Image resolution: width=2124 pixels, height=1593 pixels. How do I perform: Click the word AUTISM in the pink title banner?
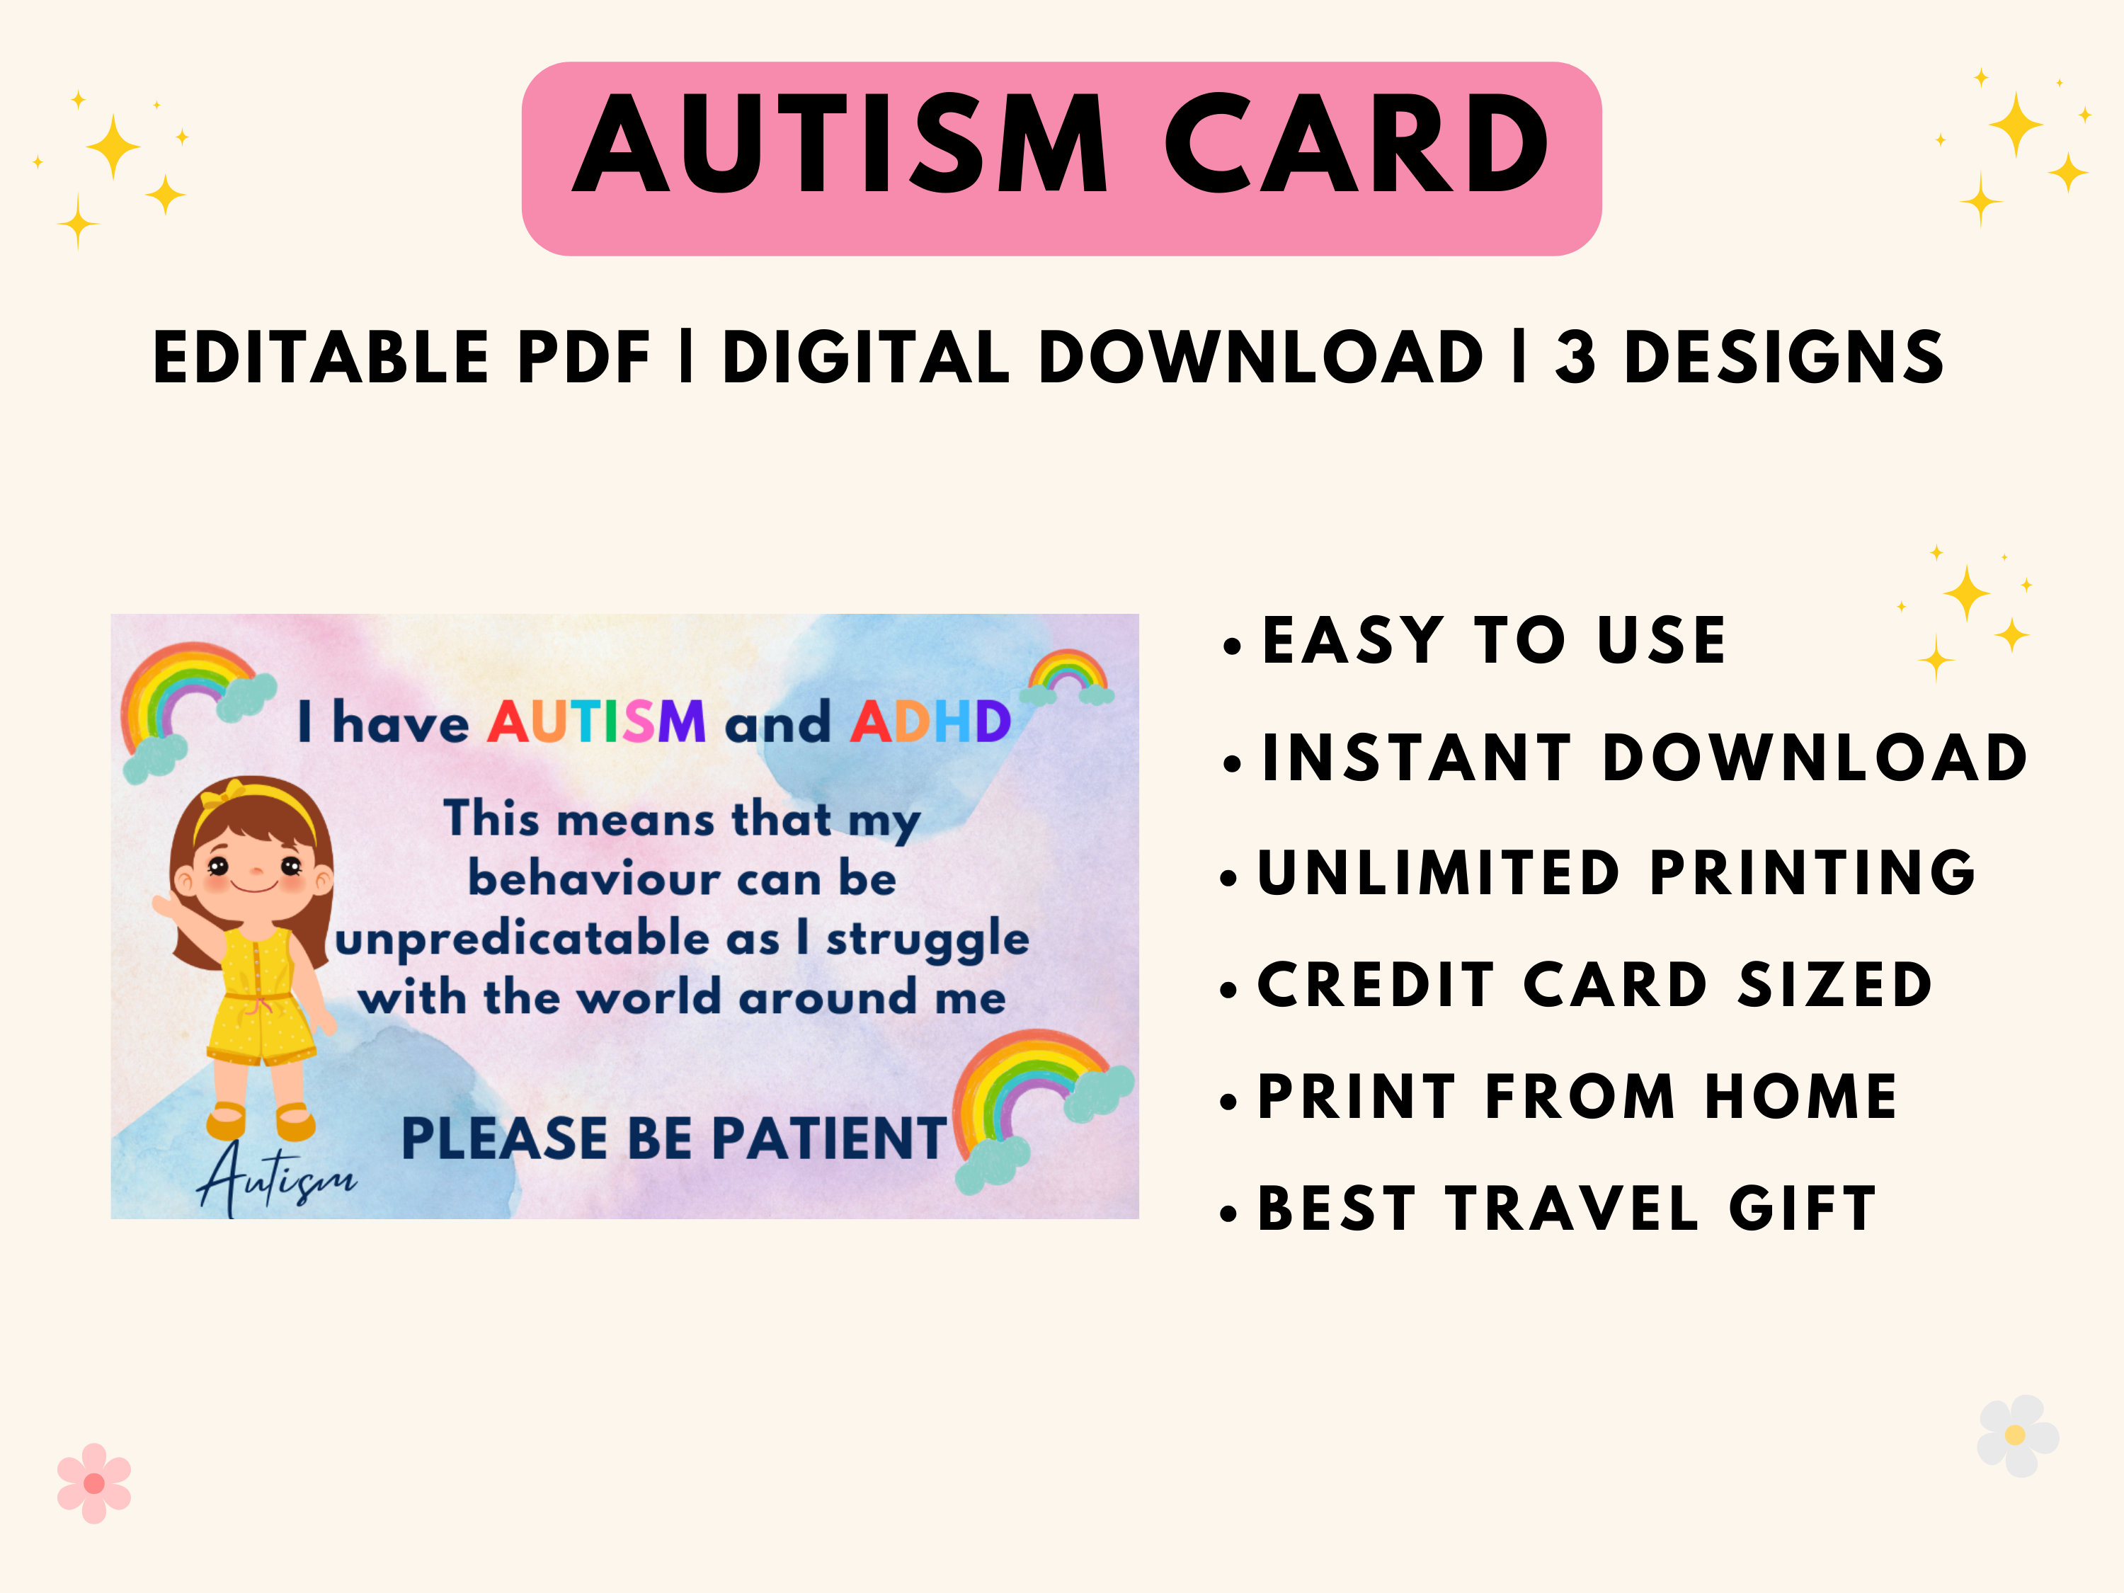pos(841,146)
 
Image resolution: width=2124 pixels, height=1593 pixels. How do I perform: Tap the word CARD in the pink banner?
pos(1356,146)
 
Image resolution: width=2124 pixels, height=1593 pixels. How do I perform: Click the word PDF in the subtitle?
pos(585,358)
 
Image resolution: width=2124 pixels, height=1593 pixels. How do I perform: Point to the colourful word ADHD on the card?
pos(930,722)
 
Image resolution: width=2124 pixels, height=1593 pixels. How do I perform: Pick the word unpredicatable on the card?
pos(523,939)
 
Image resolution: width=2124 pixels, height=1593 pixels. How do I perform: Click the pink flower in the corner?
pos(94,1483)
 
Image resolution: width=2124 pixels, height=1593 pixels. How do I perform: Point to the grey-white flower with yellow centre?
pos(2017,1436)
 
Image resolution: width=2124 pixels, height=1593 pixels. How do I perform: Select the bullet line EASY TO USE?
pos(1493,641)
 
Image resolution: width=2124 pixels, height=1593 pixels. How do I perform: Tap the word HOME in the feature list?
pos(1800,1097)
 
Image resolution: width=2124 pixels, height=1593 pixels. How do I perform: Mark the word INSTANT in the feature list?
pos(1416,758)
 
